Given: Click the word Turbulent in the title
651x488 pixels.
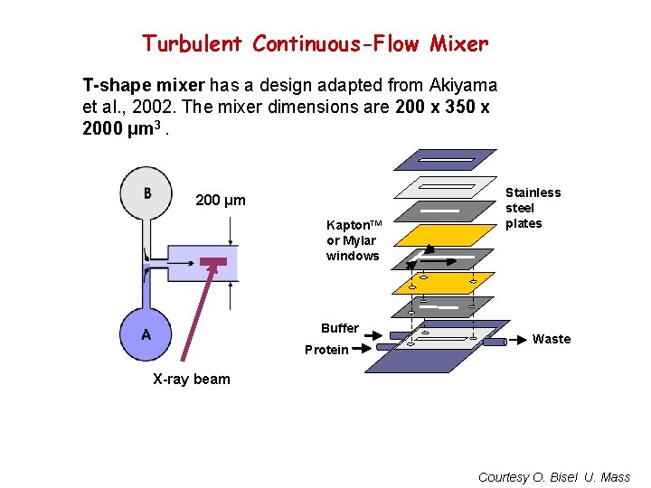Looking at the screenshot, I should pyautogui.click(x=193, y=43).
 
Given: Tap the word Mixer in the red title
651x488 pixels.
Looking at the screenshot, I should pyautogui.click(x=458, y=43).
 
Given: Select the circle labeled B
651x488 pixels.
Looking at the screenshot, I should pyautogui.click(x=147, y=194).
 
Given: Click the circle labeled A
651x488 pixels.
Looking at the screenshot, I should pyautogui.click(x=146, y=334).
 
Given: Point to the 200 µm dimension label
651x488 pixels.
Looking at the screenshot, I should pyautogui.click(x=221, y=201).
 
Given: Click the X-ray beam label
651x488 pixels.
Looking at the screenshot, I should pyautogui.click(x=191, y=380).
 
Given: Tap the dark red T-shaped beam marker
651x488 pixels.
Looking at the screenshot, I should pyautogui.click(x=213, y=264).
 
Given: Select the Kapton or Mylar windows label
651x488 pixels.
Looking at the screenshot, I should pyautogui.click(x=354, y=240).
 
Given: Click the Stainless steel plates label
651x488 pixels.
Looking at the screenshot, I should pyautogui.click(x=533, y=208).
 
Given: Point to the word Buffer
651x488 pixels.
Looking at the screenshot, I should pyautogui.click(x=340, y=328).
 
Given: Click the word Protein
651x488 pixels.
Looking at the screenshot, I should pyautogui.click(x=326, y=350).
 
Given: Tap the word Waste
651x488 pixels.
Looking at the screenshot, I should pyautogui.click(x=552, y=339).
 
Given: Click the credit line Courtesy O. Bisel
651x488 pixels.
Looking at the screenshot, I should pyautogui.click(x=553, y=477).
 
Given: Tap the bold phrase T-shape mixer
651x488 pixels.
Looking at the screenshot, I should pyautogui.click(x=143, y=86).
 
